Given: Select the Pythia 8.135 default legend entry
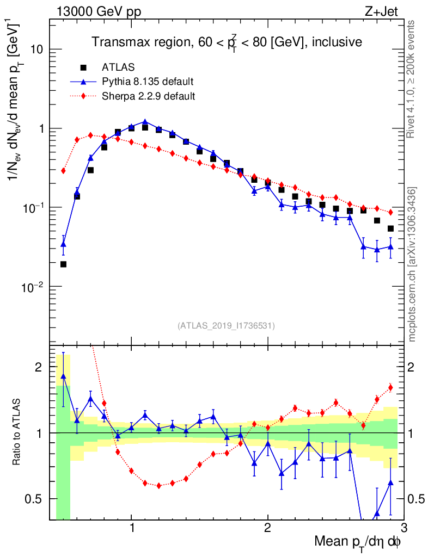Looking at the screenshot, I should pos(148,82).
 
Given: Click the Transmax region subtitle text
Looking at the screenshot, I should pos(227,42).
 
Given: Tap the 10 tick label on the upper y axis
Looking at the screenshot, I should pos(36,49).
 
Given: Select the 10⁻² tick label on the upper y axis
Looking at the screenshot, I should pos(34,287).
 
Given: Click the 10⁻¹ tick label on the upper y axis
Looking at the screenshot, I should pos(34,208).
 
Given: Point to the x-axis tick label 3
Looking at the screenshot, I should pos(403,528).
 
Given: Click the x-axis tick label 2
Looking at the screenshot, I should pos(267,528).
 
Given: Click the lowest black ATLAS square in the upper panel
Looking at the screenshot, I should pos(63,264).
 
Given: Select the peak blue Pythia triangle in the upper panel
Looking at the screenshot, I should pos(145,122).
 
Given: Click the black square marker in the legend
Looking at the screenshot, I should pos(83,67).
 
